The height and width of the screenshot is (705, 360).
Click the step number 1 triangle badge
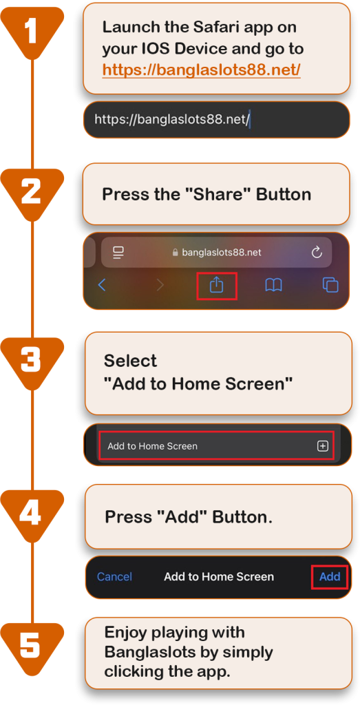[32, 32]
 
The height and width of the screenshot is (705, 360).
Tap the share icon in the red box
[217, 285]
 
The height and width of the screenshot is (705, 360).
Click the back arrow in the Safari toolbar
[102, 284]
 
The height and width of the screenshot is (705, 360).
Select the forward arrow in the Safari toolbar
[160, 284]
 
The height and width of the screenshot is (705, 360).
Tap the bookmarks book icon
[273, 285]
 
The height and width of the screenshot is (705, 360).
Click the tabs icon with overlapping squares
[330, 285]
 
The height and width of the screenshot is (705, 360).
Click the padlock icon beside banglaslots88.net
[176, 252]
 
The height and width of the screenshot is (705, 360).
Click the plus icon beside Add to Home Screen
[323, 446]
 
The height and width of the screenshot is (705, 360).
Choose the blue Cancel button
[114, 577]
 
